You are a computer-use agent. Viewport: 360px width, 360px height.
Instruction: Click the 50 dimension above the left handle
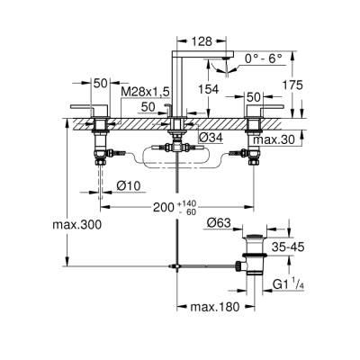tap(101, 82)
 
